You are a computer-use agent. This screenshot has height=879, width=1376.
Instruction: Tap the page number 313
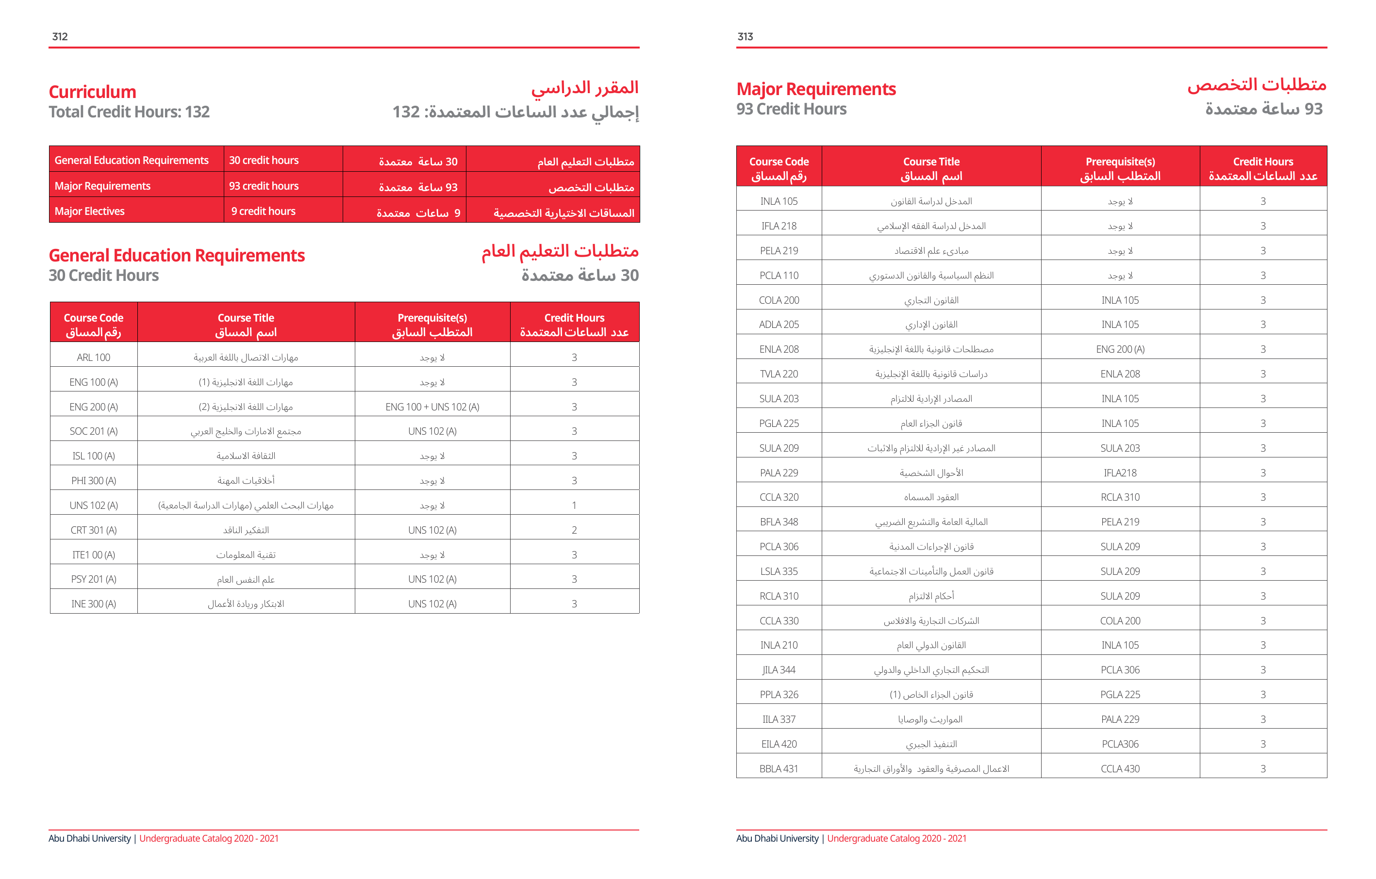745,36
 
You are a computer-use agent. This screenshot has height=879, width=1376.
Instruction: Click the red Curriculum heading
93,92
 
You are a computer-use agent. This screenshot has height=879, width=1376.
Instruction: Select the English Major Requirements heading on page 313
816,89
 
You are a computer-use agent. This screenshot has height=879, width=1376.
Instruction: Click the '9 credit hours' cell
264,212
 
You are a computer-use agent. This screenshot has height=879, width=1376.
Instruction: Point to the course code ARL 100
94,358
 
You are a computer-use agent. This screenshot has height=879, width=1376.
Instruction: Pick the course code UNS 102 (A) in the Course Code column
94,505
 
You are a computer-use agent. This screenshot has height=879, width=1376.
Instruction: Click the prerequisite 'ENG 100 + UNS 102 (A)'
432,407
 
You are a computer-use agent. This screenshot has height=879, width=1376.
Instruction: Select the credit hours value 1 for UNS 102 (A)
574,505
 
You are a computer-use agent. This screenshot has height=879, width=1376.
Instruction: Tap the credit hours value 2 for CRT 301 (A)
574,530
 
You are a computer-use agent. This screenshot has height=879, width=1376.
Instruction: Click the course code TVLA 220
779,374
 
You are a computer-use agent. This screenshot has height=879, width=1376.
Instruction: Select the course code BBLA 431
779,769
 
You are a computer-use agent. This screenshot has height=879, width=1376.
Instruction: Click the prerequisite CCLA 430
1120,769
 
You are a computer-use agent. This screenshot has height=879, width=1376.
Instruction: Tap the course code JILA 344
779,670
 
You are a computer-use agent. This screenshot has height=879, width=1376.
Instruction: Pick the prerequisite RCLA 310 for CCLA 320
1120,498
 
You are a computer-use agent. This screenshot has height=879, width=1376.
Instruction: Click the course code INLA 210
779,645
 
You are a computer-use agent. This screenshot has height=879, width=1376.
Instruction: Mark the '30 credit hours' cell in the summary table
264,161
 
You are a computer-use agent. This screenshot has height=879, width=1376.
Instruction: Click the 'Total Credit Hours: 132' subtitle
129,112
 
